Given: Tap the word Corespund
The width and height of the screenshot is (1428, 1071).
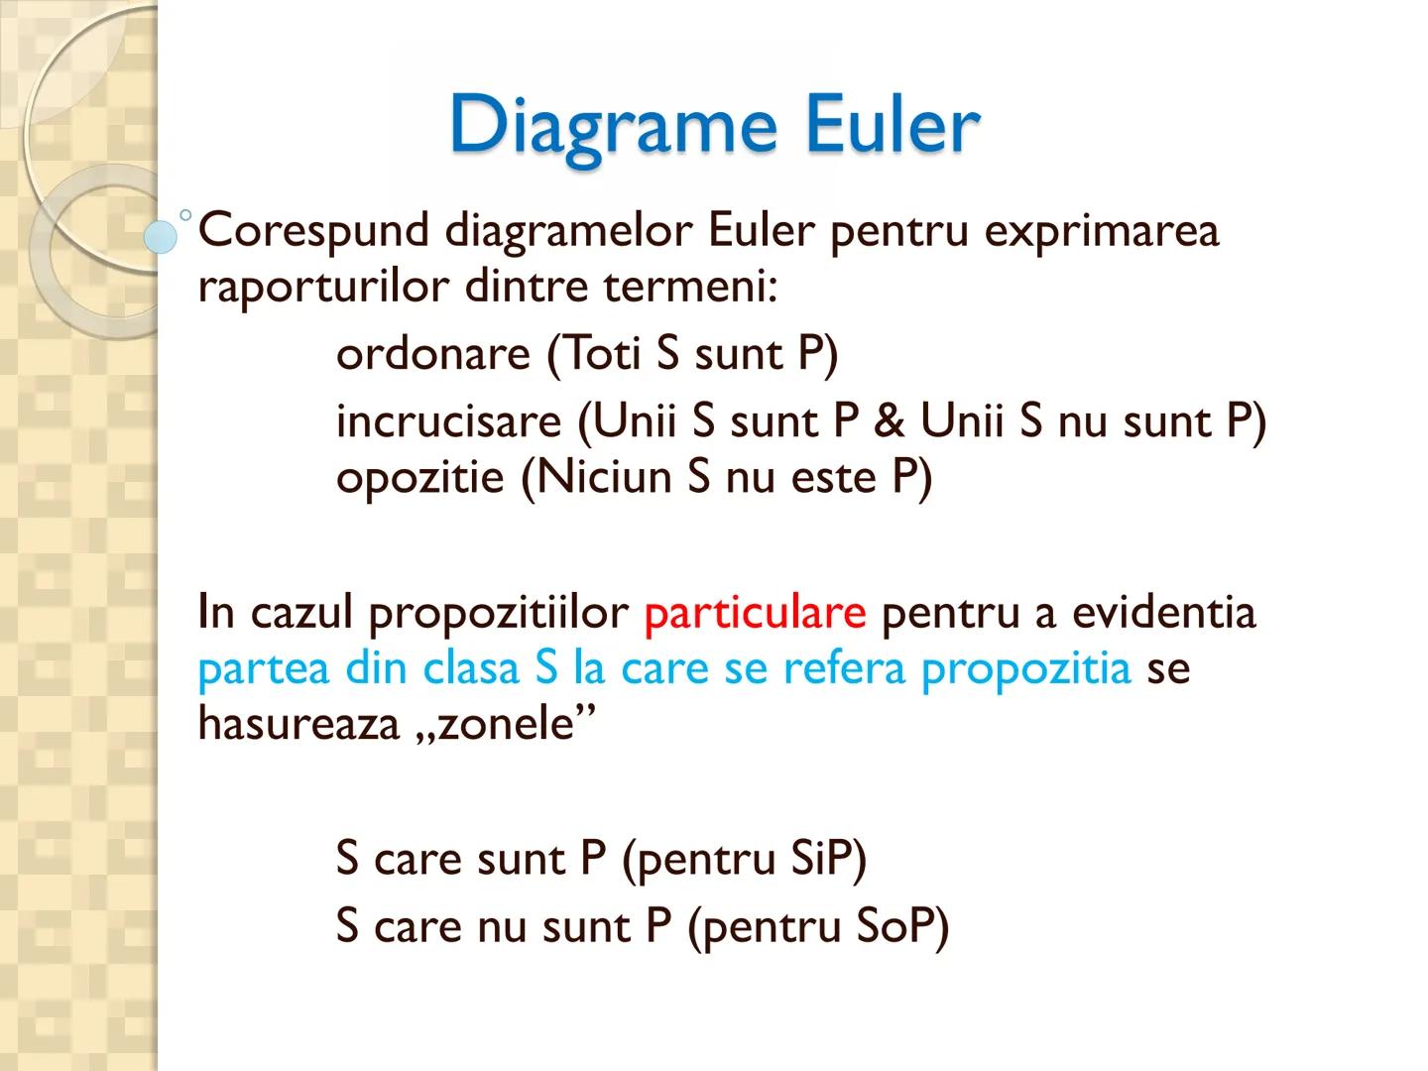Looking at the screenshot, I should click(x=313, y=232).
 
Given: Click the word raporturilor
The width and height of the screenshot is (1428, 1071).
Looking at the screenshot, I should click(x=324, y=289).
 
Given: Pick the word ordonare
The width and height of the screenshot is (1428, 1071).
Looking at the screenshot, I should click(x=433, y=353).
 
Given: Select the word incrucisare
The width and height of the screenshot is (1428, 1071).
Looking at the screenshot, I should click(x=448, y=421).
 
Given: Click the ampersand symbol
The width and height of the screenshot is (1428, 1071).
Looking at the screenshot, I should click(x=890, y=421).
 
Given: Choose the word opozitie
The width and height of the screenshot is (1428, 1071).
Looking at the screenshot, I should click(x=420, y=479).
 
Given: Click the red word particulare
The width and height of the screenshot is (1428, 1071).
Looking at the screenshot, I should click(x=755, y=612).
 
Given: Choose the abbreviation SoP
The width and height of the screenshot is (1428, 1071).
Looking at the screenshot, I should click(x=895, y=926).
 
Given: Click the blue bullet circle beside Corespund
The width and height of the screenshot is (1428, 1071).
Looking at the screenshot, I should click(x=161, y=236).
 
